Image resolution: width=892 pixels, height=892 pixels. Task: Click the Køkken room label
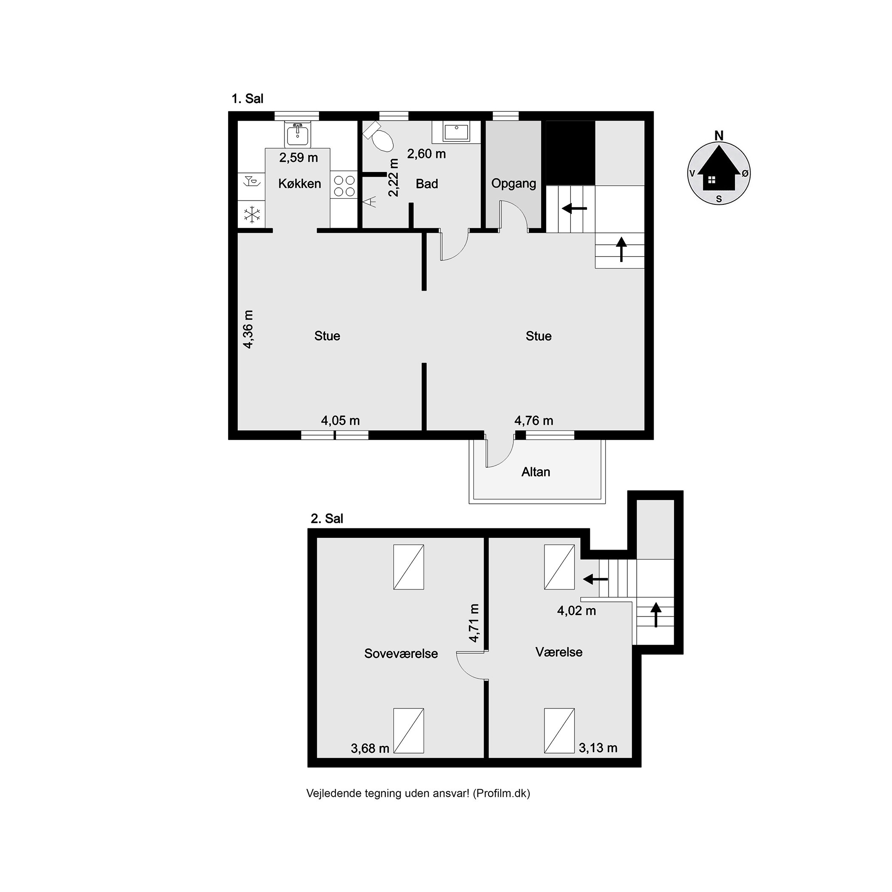coord(299,184)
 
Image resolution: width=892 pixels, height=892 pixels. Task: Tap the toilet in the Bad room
coord(378,136)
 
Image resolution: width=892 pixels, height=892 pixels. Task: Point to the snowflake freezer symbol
coord(251,215)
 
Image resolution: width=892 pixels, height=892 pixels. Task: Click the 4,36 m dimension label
coord(248,329)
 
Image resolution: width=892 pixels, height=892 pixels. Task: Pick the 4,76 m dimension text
coord(534,421)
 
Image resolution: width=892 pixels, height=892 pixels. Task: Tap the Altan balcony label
coord(536,472)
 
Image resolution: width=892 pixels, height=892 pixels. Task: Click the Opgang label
coord(514,184)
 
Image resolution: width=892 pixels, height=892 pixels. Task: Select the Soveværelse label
coord(401,653)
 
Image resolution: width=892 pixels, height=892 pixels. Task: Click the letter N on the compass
coord(719,136)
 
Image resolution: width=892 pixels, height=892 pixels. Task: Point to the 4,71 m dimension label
coord(474,623)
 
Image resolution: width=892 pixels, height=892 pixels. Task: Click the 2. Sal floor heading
coord(327,519)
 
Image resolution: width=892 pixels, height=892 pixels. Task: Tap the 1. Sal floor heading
coord(248,99)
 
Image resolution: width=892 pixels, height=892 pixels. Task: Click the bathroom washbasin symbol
coord(456,133)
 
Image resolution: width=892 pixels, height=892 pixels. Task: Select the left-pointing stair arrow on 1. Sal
coord(574,209)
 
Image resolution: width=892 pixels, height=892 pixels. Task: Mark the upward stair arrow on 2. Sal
coord(655,615)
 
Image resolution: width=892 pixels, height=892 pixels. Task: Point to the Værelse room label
coord(559,652)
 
